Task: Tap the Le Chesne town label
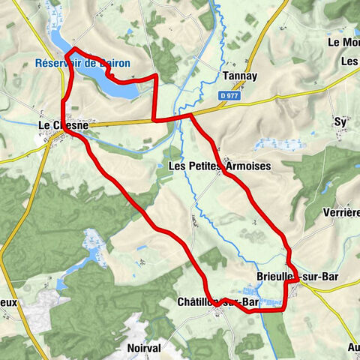tap(64, 125)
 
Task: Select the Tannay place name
tap(241, 76)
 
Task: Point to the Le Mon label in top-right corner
tap(343, 43)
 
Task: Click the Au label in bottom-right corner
tap(353, 347)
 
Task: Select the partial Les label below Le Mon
tap(349, 61)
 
